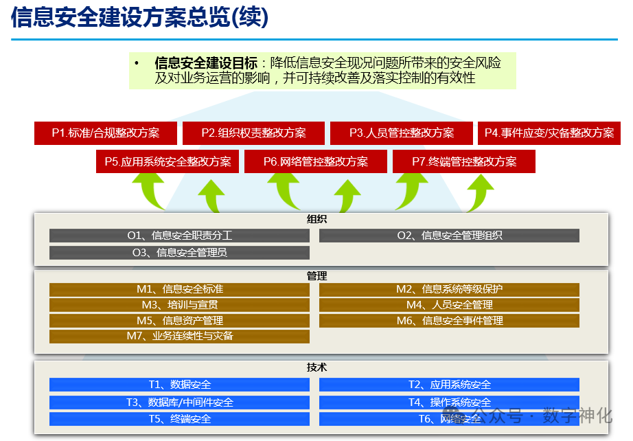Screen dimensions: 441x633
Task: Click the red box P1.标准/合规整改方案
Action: click(106, 133)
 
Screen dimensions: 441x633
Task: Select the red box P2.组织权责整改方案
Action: click(253, 133)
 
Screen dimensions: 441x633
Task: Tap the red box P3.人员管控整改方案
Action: click(402, 133)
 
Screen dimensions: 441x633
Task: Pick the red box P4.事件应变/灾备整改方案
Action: click(549, 133)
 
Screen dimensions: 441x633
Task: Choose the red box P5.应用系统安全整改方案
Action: click(168, 162)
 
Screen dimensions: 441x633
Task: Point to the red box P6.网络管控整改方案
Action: click(316, 162)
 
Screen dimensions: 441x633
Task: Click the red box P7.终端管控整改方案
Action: click(464, 162)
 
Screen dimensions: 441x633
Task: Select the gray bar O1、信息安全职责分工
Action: click(179, 236)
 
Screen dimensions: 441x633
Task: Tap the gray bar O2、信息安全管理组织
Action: click(449, 236)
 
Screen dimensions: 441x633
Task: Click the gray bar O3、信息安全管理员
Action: click(179, 253)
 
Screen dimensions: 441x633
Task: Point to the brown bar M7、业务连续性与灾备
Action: click(179, 337)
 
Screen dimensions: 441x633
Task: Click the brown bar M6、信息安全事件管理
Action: click(449, 321)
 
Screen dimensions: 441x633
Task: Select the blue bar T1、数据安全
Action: click(179, 385)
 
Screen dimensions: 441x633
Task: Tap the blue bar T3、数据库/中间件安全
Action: click(179, 403)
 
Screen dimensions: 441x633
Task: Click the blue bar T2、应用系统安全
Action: click(449, 385)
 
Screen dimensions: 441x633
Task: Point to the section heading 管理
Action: click(316, 276)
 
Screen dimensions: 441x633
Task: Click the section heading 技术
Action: click(316, 367)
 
